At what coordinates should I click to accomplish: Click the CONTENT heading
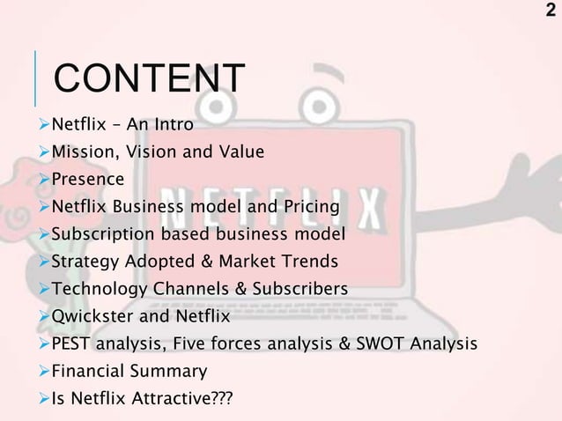point(149,78)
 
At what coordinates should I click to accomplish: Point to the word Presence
point(87,180)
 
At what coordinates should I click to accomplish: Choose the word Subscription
point(100,234)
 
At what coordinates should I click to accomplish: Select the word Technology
point(96,289)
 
